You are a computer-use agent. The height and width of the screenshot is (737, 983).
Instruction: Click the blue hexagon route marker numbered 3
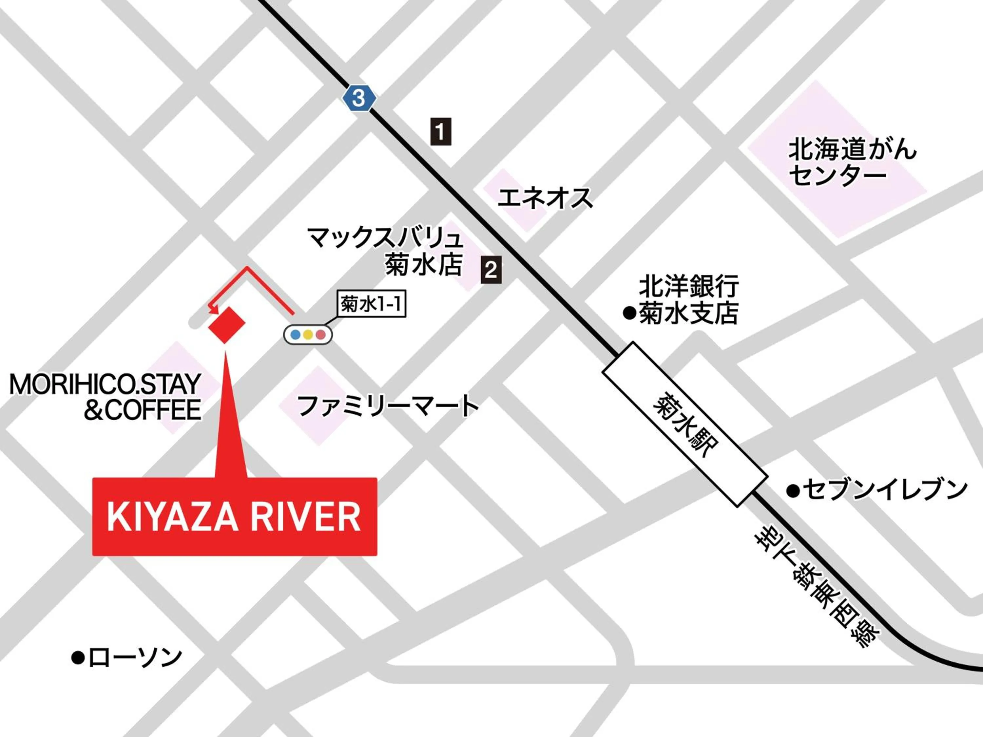click(x=358, y=97)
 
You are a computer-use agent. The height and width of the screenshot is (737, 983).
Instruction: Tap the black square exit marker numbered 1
click(x=440, y=131)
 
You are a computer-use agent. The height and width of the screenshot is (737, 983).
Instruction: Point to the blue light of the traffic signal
click(x=295, y=334)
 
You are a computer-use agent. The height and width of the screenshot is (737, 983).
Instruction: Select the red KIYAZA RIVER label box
click(x=235, y=516)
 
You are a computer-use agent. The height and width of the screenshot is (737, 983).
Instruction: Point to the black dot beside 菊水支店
click(x=629, y=313)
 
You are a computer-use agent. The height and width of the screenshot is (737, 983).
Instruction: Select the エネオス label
click(x=545, y=198)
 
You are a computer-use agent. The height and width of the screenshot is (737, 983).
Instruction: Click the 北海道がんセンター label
click(x=852, y=162)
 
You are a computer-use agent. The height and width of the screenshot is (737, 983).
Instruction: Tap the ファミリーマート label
click(x=387, y=406)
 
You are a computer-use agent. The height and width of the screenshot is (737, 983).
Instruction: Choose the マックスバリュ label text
click(x=385, y=238)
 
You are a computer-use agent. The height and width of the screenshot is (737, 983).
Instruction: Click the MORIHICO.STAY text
click(x=105, y=384)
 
